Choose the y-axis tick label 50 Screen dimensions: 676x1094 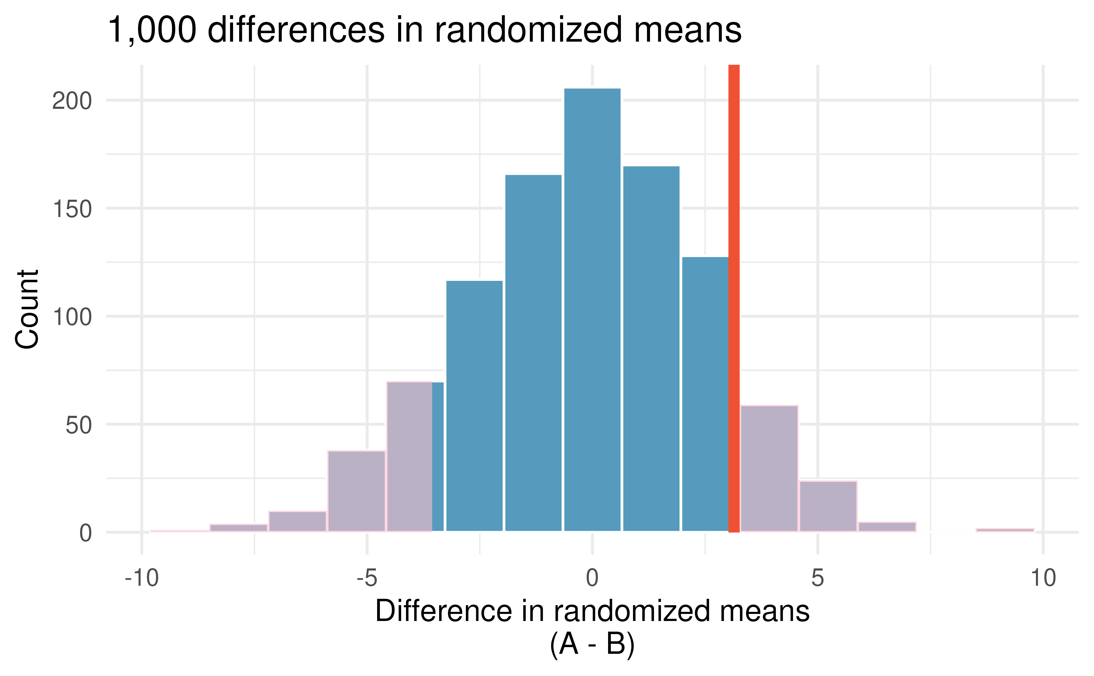tap(79, 426)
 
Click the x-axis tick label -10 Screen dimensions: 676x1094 tap(142, 578)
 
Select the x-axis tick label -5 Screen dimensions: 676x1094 tap(367, 578)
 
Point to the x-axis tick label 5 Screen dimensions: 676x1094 tap(817, 578)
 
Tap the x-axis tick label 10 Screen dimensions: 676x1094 tap(1043, 578)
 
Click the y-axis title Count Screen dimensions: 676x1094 tap(27, 309)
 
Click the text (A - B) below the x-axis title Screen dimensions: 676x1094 tap(592, 644)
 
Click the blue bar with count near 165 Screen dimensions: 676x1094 tap(533, 353)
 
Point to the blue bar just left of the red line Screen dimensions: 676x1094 tap(705, 393)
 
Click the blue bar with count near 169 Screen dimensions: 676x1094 tap(651, 349)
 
